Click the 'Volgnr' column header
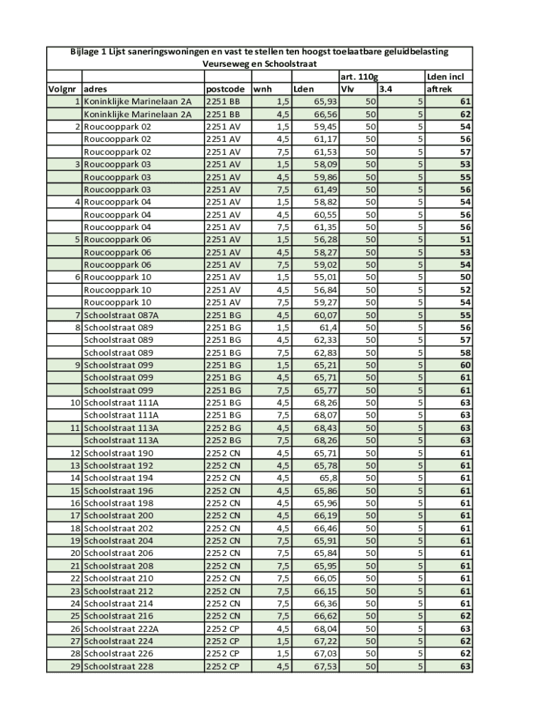pyautogui.click(x=63, y=89)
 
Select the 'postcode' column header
pyautogui.click(x=225, y=89)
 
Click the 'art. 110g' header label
pyautogui.click(x=359, y=77)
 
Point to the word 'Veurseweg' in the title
pyautogui.click(x=224, y=64)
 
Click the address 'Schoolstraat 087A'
pyautogui.click(x=121, y=315)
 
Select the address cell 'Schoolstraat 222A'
pyautogui.click(x=121, y=629)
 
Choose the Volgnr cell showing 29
pyautogui.click(x=75, y=667)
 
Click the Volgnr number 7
pyautogui.click(x=77, y=315)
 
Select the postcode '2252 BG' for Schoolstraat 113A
pyautogui.click(x=224, y=428)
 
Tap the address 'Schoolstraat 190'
pyautogui.click(x=118, y=453)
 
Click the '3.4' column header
pyautogui.click(x=385, y=89)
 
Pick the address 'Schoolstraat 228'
pyautogui.click(x=118, y=667)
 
